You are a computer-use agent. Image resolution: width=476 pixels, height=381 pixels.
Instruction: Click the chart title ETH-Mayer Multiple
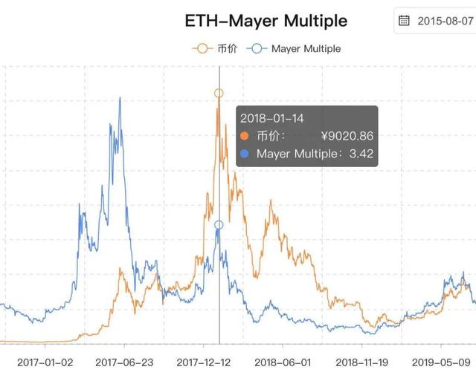tap(266, 20)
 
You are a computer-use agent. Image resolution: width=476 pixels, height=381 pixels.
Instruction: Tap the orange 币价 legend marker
tap(200, 48)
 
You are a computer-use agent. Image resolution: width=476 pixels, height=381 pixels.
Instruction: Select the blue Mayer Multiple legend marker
tap(258, 48)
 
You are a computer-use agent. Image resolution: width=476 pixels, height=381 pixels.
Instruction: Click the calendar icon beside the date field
tap(404, 20)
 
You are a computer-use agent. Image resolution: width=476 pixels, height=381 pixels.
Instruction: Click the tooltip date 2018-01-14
tap(271, 117)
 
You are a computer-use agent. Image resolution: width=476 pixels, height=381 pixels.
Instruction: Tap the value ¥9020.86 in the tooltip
tap(347, 136)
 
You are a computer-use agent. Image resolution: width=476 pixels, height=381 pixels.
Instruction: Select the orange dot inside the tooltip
tap(245, 136)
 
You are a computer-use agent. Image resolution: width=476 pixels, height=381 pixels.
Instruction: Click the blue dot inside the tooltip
tap(245, 154)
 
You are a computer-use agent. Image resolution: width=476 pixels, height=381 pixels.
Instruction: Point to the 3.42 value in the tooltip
tap(361, 154)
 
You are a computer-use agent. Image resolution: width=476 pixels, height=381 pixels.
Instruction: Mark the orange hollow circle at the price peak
tap(219, 94)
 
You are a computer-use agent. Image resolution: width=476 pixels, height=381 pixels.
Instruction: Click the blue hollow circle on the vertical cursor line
tap(219, 225)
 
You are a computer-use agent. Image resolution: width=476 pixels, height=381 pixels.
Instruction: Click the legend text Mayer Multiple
tap(306, 48)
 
